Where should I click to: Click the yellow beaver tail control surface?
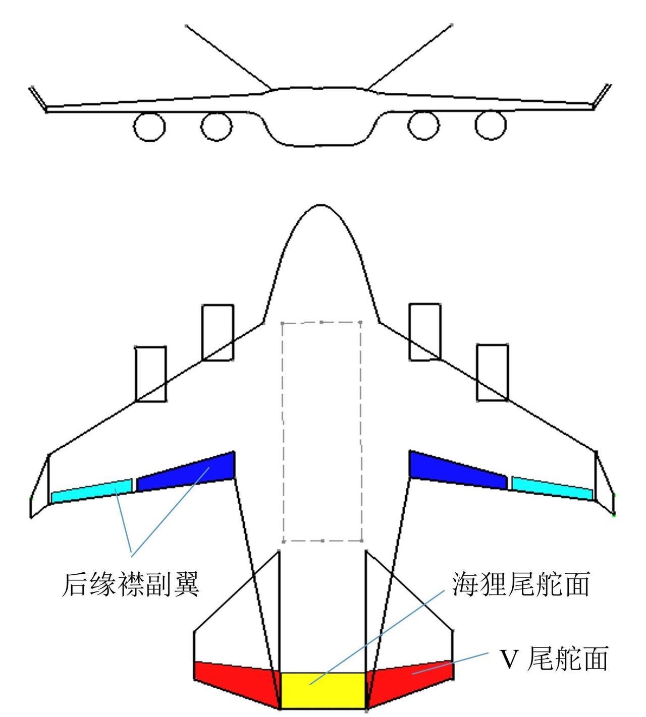pyautogui.click(x=323, y=690)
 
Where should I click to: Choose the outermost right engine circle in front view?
pyautogui.click(x=491, y=125)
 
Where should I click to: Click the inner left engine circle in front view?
pyautogui.click(x=217, y=126)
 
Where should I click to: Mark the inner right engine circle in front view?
pyautogui.click(x=424, y=125)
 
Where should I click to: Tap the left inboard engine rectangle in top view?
pyautogui.click(x=218, y=332)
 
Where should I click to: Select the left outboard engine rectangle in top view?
pyautogui.click(x=151, y=374)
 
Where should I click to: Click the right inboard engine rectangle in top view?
pyautogui.click(x=424, y=332)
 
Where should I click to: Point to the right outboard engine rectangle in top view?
pyautogui.click(x=492, y=373)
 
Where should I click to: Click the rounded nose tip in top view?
pyautogui.click(x=321, y=208)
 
